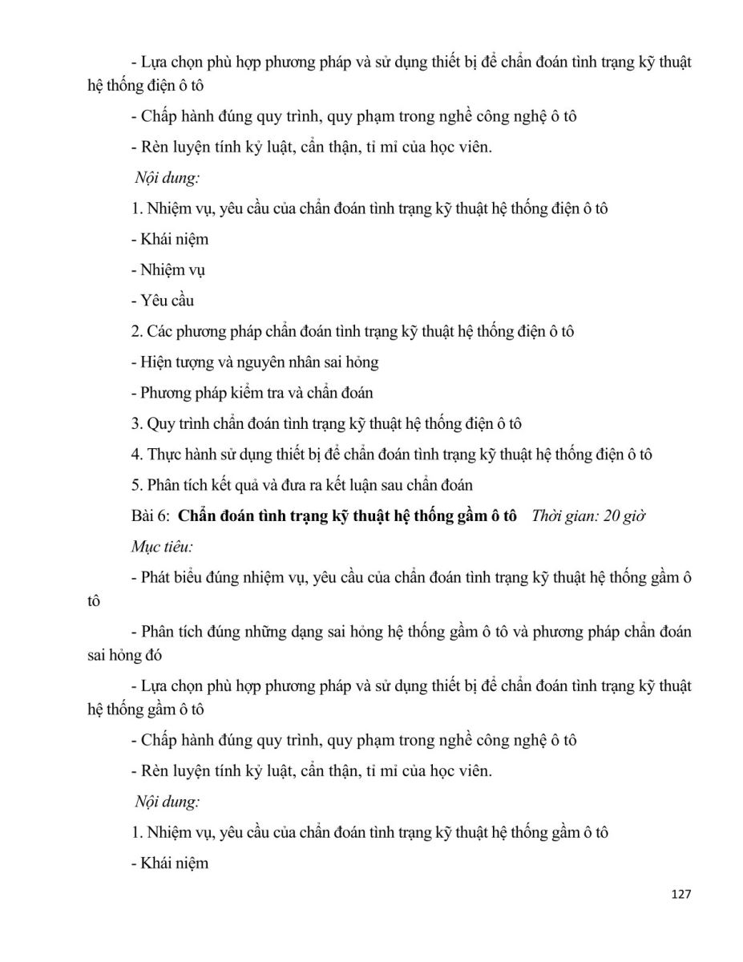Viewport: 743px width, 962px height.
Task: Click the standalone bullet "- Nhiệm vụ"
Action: coord(168,270)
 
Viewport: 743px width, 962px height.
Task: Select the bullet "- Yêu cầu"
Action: coord(162,301)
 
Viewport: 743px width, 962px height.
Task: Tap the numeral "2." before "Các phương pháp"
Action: coord(136,331)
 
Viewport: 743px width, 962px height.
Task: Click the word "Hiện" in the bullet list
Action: coord(158,362)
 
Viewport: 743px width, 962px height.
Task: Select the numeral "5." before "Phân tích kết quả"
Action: coord(136,484)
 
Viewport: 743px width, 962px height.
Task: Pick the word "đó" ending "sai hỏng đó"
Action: coord(153,654)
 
